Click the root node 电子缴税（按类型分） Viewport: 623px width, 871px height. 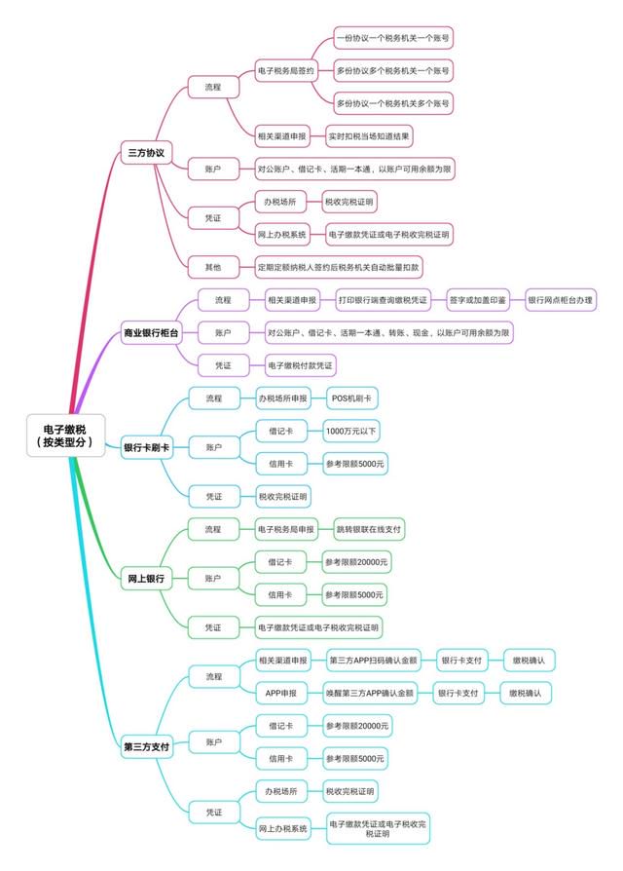click(x=65, y=435)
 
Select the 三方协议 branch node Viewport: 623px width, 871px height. click(x=146, y=152)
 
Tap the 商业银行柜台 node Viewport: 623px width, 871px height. click(x=151, y=333)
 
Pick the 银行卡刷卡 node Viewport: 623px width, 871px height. click(x=146, y=447)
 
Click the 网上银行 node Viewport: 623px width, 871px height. click(x=146, y=579)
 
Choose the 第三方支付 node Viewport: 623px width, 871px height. click(x=146, y=746)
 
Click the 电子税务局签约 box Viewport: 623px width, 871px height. click(x=286, y=70)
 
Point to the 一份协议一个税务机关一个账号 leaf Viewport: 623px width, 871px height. click(x=393, y=38)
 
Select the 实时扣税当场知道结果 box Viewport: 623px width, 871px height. click(x=369, y=136)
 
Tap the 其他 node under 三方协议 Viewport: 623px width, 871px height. click(x=213, y=267)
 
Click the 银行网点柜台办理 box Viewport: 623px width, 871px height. click(x=561, y=300)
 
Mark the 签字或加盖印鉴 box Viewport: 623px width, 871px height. click(x=478, y=300)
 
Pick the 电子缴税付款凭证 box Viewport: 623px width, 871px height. click(x=300, y=365)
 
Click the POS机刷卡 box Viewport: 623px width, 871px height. click(x=351, y=398)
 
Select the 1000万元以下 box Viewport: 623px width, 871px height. click(x=351, y=431)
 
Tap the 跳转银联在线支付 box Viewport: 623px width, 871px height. click(x=369, y=529)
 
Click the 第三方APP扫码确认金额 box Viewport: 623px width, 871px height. click(x=374, y=661)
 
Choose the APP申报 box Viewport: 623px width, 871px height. click(x=280, y=694)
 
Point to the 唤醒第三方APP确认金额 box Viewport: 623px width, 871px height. click(x=370, y=694)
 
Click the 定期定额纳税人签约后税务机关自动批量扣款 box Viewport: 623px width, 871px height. click(x=339, y=267)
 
